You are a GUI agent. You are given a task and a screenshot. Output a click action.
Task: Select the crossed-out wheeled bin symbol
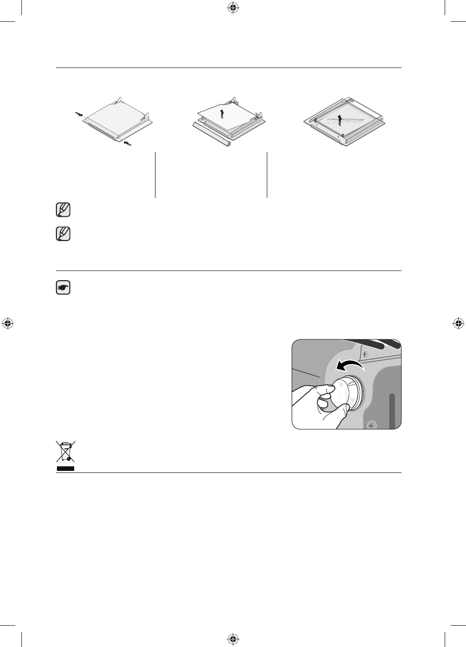coord(65,451)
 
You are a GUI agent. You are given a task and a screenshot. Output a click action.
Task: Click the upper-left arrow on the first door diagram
coord(78,114)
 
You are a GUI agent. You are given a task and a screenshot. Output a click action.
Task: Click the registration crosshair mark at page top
coord(233,8)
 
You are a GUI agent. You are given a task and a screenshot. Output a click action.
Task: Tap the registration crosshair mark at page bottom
coord(233,639)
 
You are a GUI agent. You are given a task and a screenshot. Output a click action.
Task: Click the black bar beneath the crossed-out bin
coord(65,468)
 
